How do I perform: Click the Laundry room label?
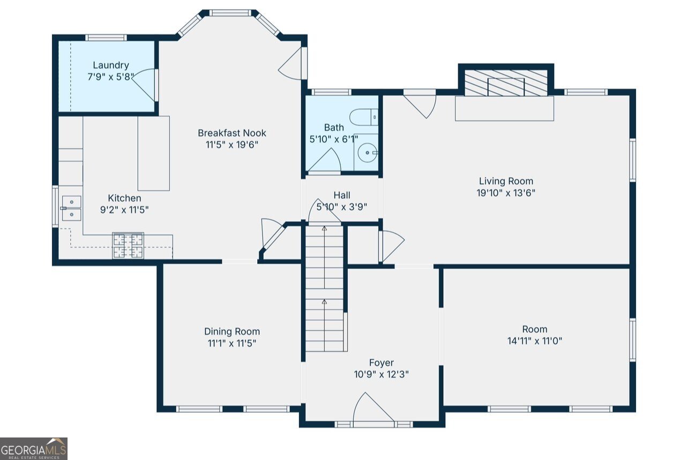[x=110, y=65]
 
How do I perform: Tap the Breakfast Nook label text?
[x=232, y=133]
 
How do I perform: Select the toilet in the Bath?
[x=364, y=117]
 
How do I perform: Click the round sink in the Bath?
[x=368, y=153]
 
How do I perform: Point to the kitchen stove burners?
[x=128, y=246]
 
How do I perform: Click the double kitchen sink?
[x=72, y=209]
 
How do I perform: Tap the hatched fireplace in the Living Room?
[x=506, y=83]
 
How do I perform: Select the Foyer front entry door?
[x=373, y=408]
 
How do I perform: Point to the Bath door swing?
[x=325, y=160]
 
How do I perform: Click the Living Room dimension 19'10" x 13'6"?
[x=506, y=193]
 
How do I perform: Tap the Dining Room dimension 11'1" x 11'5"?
[x=232, y=343]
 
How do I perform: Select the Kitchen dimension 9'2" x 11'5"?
[x=124, y=210]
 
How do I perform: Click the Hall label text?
[x=342, y=196]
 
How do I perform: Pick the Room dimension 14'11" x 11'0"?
[x=535, y=341]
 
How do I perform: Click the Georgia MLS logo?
[x=33, y=449]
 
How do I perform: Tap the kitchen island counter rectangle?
[x=154, y=153]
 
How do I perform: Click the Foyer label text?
[x=382, y=363]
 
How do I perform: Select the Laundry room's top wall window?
[x=106, y=38]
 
